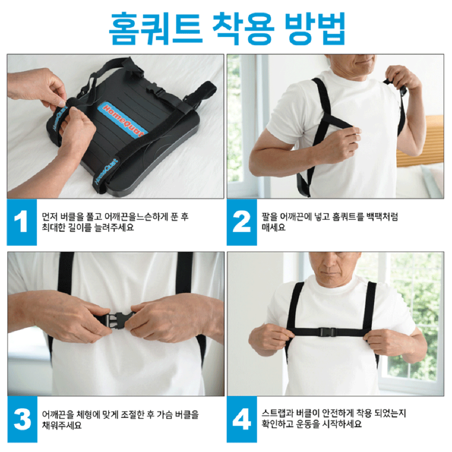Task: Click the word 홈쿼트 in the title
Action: point(155,28)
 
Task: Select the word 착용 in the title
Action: point(243,28)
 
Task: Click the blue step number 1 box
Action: point(22,222)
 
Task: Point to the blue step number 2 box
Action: point(241,222)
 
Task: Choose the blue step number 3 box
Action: point(22,419)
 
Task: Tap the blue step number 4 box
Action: point(241,419)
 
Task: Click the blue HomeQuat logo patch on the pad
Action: point(123,118)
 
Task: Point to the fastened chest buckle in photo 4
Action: point(331,332)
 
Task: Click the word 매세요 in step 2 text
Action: point(273,227)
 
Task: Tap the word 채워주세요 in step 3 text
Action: point(62,425)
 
